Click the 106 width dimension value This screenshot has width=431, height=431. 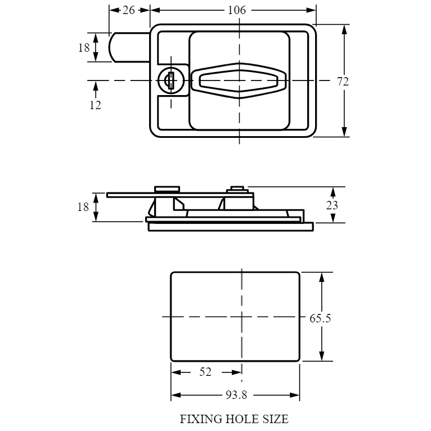[237, 10]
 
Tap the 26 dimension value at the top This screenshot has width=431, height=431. [129, 10]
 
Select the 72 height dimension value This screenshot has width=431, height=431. [343, 82]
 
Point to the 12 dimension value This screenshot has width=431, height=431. [96, 105]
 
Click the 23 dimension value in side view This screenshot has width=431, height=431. [332, 205]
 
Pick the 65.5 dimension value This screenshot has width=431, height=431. [320, 318]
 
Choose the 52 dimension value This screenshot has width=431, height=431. [205, 372]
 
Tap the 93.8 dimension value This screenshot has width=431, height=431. [236, 395]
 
